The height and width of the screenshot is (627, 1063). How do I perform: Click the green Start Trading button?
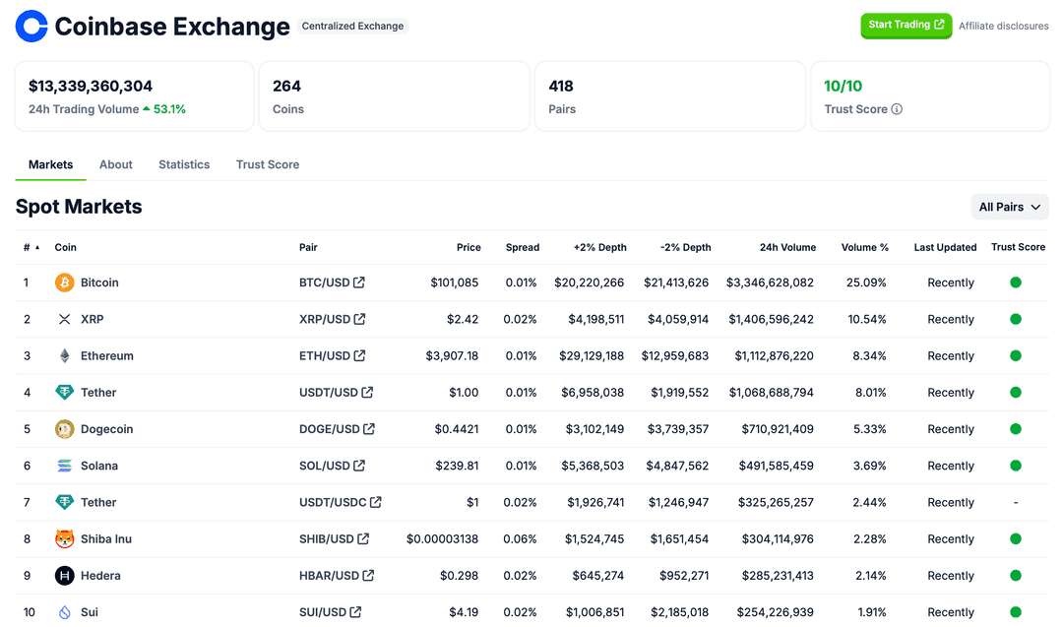(x=906, y=25)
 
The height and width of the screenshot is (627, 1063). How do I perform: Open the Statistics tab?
(x=184, y=164)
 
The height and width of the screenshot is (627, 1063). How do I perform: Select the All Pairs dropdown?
(x=1009, y=207)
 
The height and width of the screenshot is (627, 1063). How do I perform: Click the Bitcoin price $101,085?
(x=454, y=282)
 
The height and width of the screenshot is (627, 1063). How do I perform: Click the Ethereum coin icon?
(x=65, y=355)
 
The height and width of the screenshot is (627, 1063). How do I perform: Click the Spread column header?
(x=522, y=247)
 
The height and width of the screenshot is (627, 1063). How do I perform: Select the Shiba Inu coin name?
(x=106, y=538)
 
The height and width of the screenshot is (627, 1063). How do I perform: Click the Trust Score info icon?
(x=897, y=109)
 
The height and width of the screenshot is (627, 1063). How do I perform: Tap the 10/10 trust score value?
(x=844, y=86)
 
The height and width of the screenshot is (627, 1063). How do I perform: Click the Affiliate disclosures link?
(x=1003, y=26)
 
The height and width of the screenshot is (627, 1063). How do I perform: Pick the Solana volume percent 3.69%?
(x=866, y=466)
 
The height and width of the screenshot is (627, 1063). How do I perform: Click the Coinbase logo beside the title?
(x=31, y=27)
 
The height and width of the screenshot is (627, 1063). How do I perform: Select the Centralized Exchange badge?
(x=352, y=26)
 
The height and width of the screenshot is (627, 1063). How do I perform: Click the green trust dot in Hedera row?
(x=1016, y=575)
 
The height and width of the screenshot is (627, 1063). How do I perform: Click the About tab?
(x=116, y=164)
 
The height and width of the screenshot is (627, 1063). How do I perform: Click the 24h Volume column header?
(x=787, y=247)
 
